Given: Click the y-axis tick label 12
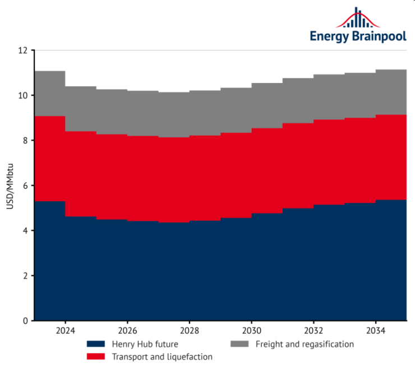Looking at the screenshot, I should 23,50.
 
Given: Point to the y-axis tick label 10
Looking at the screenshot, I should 23,95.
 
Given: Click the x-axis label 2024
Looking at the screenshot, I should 65,331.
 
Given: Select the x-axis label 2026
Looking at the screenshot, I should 127,331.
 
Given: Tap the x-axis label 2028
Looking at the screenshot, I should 190,331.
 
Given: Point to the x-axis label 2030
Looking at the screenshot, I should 251,331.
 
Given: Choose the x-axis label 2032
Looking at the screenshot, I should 313,331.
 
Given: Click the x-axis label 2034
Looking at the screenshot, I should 375,331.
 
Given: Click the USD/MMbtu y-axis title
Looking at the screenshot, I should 10,185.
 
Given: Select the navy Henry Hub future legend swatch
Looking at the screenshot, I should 96,344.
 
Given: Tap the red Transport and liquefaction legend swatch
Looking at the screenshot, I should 96,356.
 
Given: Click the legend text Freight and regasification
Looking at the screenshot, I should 305,344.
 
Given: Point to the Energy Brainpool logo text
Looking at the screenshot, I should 358,36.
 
